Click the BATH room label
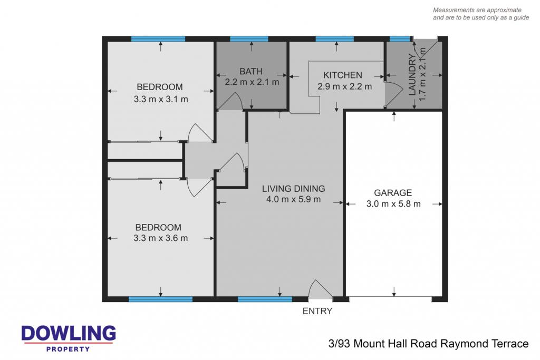coord(250,71)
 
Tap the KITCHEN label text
coord(343,75)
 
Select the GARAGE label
coord(393,193)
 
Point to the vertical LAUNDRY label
coord(412,74)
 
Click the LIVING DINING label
coord(293,189)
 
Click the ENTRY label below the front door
coord(317,311)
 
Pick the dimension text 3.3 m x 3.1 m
coord(161,99)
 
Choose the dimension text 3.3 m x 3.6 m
coord(161,238)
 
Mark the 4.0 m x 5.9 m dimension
coord(293,199)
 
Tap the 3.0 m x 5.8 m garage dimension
coord(393,204)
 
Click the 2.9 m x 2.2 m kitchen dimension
coord(344,86)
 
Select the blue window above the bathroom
coord(249,38)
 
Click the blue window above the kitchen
coord(334,38)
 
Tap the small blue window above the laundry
coord(400,38)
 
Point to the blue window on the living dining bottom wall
coord(265,299)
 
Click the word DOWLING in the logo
coord(69,334)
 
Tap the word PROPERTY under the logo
coord(68,349)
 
